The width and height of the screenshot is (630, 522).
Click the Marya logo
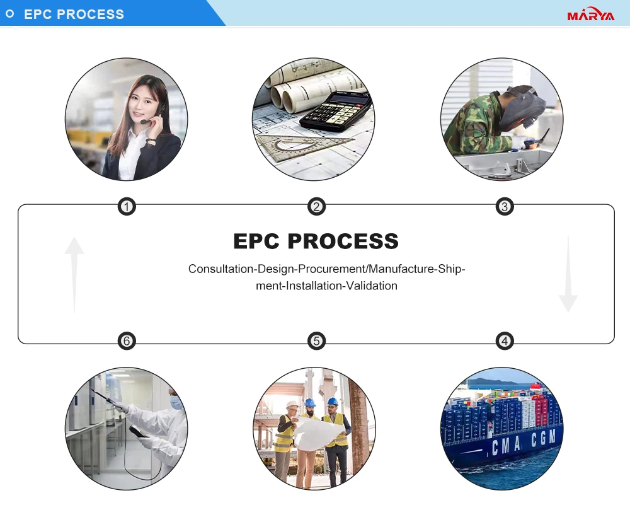590,15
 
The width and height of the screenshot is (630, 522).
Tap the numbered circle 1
127,206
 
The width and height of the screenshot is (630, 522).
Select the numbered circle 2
316,206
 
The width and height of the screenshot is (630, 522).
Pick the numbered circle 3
505,206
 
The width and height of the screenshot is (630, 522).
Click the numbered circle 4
505,341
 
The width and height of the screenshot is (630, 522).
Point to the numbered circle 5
316,341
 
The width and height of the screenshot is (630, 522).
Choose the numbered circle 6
127,341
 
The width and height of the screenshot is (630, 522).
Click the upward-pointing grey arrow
74,274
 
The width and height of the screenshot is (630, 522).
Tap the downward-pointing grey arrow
568,274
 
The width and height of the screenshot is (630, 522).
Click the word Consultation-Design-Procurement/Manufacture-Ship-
326,269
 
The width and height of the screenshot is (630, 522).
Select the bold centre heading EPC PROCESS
316,241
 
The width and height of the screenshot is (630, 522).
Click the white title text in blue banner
74,14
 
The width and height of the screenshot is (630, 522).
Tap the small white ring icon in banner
9,14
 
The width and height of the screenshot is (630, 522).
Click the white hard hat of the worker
292,405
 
